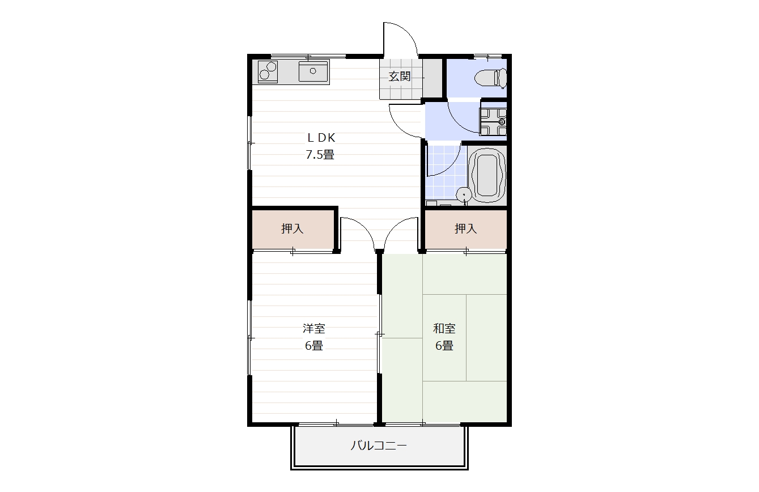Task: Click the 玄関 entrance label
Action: (399, 77)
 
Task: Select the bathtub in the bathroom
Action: (486, 175)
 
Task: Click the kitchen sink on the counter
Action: (313, 72)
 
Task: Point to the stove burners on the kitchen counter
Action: (268, 72)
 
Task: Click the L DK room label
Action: (321, 137)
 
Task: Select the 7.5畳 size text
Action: (320, 154)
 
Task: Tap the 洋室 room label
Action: (313, 328)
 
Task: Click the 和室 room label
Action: (444, 328)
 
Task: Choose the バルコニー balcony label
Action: (379, 446)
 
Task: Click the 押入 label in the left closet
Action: (292, 229)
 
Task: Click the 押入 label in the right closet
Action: (465, 229)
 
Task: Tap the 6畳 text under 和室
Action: (444, 346)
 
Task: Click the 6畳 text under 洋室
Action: (313, 346)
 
